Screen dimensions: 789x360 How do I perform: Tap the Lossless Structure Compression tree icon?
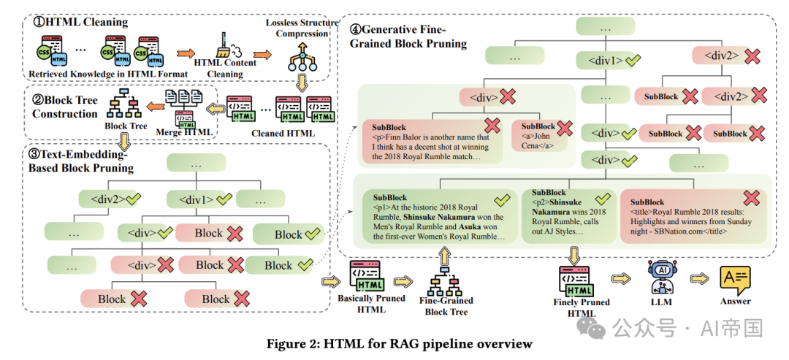point(302,57)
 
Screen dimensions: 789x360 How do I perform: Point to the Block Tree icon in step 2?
point(123,104)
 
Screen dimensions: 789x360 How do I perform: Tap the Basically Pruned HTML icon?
point(365,276)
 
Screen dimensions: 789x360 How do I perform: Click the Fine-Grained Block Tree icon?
point(444,281)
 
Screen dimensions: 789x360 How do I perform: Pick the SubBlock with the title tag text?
point(693,216)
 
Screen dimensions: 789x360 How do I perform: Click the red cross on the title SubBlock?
point(751,198)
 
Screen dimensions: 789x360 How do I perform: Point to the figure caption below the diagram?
point(399,345)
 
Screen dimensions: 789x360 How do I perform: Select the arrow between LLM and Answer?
point(699,278)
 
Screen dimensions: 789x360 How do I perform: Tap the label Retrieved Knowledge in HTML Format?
point(108,74)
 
